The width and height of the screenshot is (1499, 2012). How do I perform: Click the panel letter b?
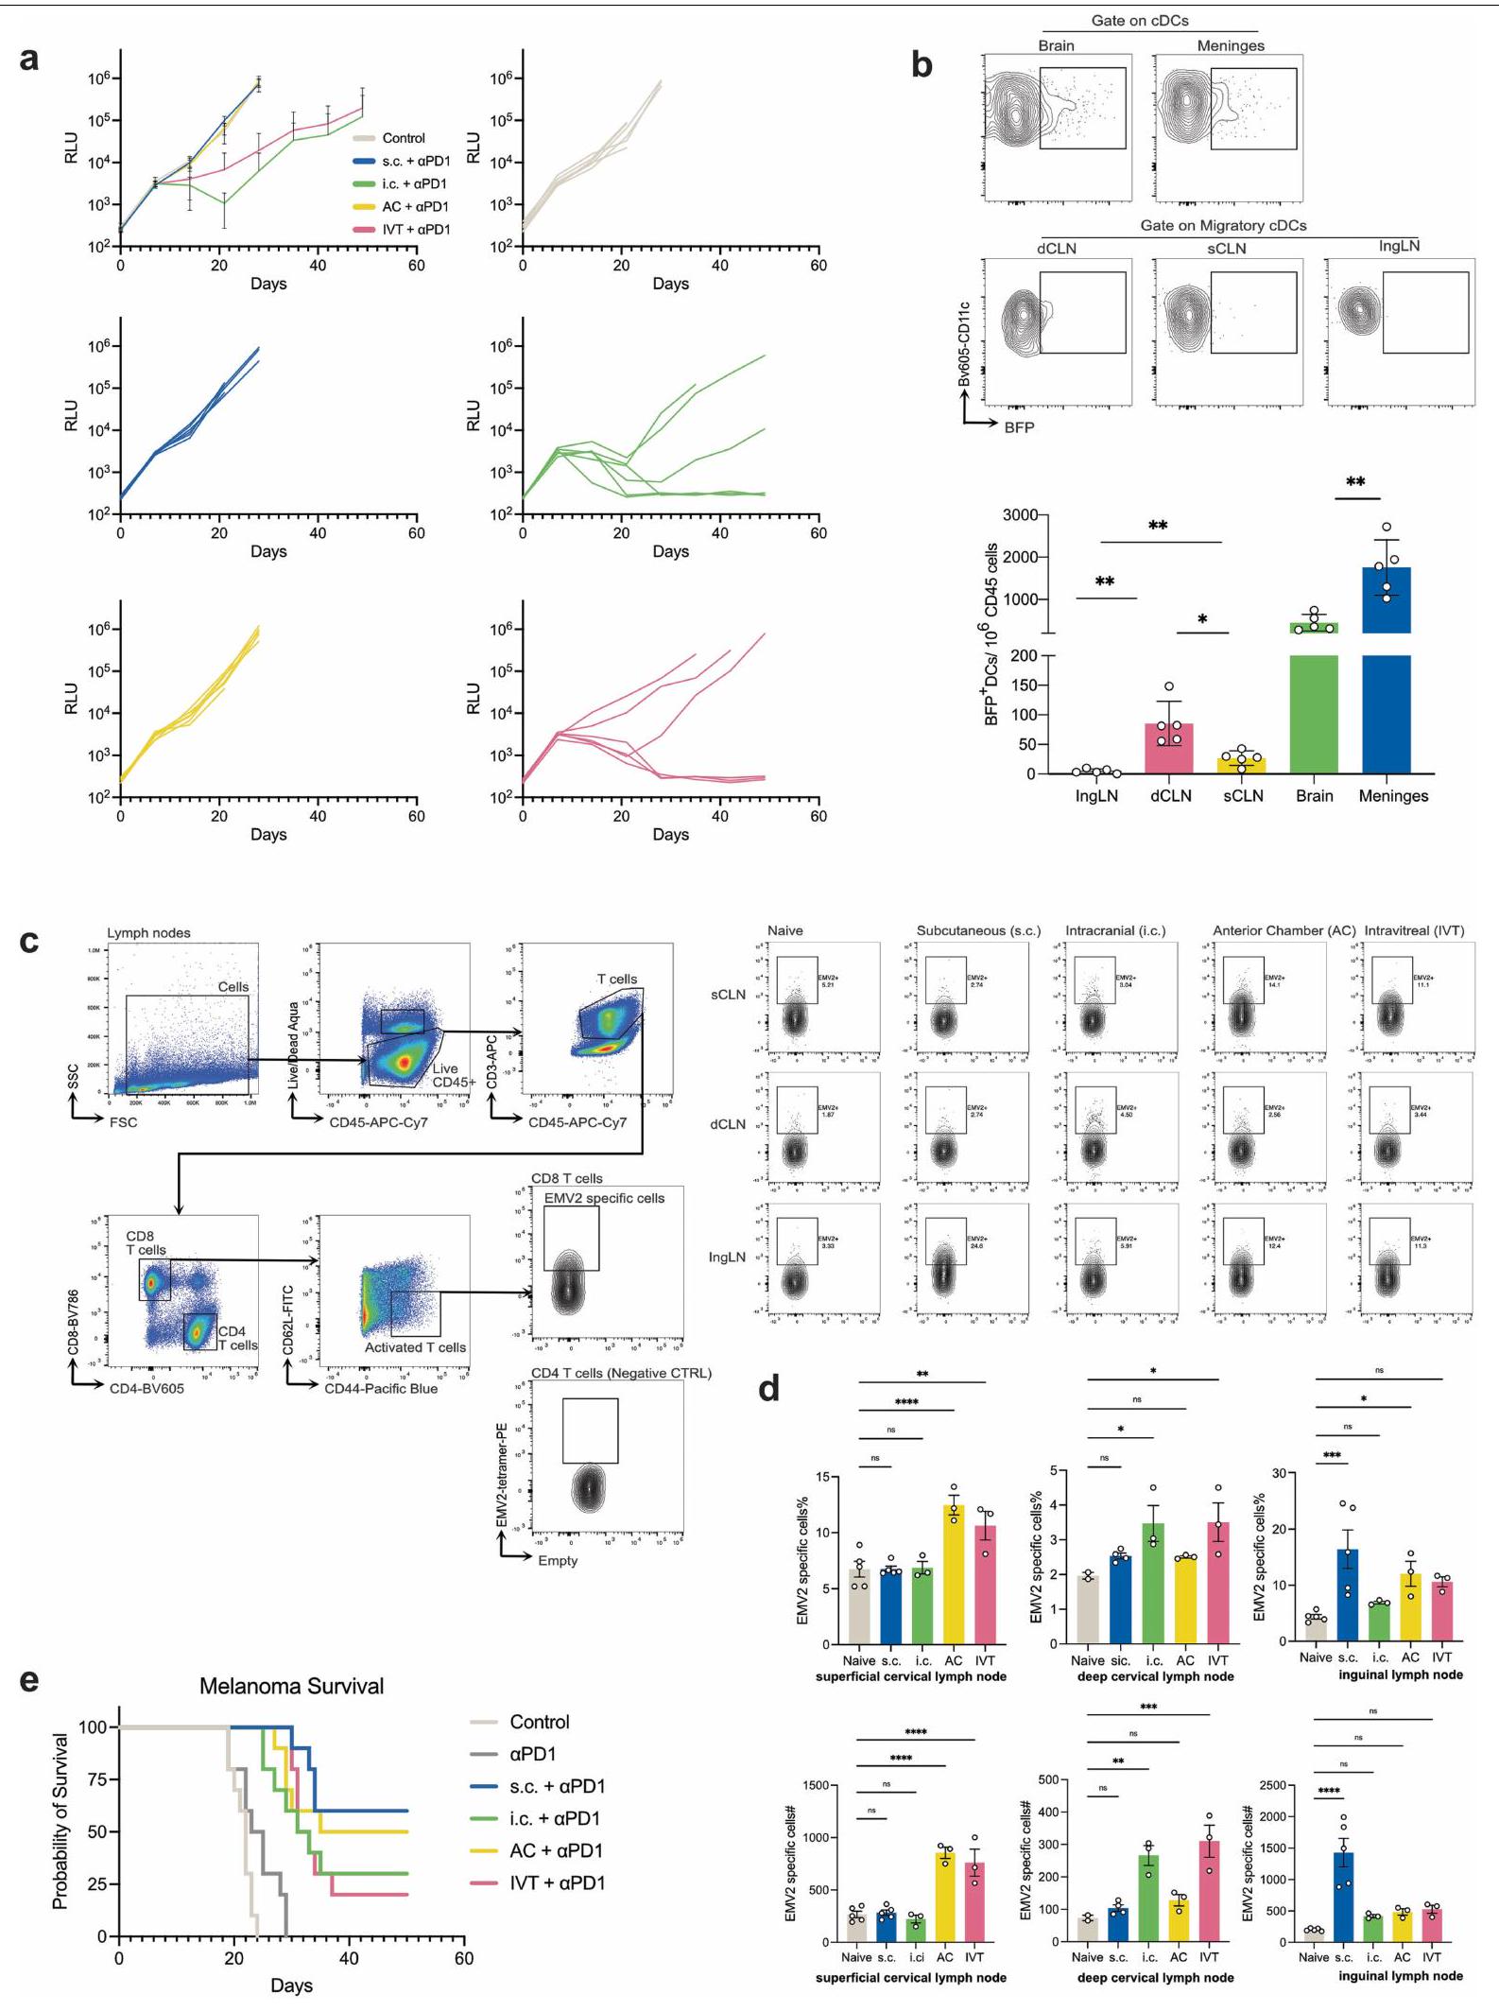point(922,64)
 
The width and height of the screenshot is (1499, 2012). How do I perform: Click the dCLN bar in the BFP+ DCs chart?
point(1170,748)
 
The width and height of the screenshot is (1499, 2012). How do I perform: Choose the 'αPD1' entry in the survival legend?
point(532,1754)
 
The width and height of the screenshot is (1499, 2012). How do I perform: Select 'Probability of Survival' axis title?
point(60,1821)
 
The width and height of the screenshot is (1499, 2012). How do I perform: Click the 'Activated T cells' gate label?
point(415,1347)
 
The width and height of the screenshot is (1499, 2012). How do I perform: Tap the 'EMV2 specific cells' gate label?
point(604,1198)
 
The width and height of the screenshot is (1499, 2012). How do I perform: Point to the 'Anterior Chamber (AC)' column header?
point(1284,930)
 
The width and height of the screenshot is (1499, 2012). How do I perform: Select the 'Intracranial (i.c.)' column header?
point(1115,930)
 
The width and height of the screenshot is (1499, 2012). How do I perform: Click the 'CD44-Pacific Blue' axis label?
point(381,1389)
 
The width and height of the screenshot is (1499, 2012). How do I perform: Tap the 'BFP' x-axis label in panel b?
point(1019,427)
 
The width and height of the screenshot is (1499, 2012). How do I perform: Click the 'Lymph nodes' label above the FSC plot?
point(148,933)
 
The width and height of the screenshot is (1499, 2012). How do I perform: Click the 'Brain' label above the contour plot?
point(1056,45)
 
